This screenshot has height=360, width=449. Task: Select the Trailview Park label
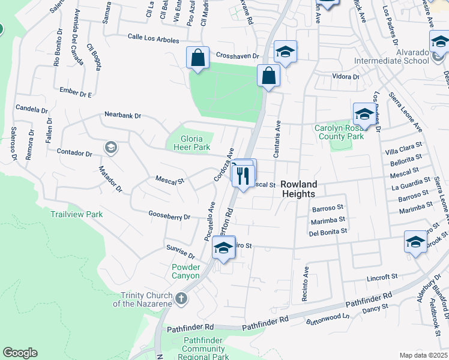click(76, 214)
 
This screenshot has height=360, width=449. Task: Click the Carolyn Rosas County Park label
click(339, 132)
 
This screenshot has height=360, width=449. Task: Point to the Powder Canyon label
click(185, 271)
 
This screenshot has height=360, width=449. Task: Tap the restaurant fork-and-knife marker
click(243, 176)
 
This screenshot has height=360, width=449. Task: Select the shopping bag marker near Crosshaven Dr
click(197, 58)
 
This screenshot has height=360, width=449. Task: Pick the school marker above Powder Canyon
click(223, 247)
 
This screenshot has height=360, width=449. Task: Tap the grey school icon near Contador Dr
click(110, 147)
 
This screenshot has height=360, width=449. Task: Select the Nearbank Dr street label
click(122, 115)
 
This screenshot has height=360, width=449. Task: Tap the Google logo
click(20, 353)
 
